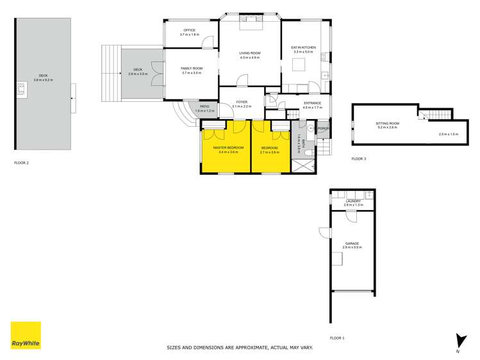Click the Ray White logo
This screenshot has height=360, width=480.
point(26,335)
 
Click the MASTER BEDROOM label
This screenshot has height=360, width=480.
point(226,148)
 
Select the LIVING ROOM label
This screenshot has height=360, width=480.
point(250,53)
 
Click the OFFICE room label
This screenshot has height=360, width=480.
point(190,30)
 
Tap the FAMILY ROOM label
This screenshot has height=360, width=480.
point(192,69)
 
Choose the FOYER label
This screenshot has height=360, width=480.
point(242,102)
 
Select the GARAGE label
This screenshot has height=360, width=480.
point(352,243)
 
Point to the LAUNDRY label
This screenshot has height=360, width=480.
point(353,201)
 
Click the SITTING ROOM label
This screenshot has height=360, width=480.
point(387,123)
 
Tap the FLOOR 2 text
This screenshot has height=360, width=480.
point(22,163)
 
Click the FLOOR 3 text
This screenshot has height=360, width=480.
point(359,158)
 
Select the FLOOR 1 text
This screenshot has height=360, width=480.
point(337,338)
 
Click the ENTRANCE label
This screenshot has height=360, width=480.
point(312,102)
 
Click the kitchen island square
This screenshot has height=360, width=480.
point(299,64)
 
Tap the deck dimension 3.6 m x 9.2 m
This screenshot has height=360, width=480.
point(44,80)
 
